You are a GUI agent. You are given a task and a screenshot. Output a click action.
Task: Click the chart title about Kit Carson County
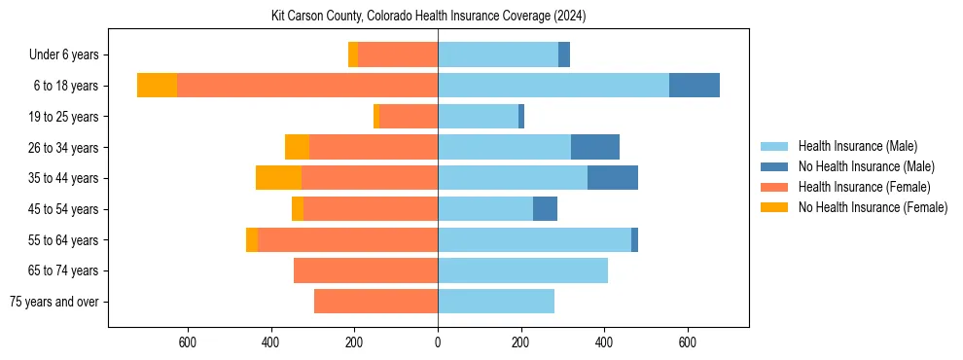[x=428, y=17]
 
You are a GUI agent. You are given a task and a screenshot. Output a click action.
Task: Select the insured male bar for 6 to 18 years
[x=553, y=86]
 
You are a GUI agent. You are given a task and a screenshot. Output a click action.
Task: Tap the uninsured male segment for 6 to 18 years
[x=694, y=86]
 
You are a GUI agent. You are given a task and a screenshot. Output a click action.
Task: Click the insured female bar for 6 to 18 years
[x=306, y=86]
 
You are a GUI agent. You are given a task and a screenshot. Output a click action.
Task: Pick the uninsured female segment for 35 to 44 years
[x=278, y=178]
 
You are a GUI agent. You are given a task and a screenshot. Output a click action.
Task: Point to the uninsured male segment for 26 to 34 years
[x=594, y=147]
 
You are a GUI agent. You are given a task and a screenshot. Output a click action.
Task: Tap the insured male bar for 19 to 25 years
[x=478, y=117]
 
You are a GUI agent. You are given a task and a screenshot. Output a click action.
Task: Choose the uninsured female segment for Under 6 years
[x=353, y=54]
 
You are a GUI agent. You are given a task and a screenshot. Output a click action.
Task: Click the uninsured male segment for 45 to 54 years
[x=545, y=209]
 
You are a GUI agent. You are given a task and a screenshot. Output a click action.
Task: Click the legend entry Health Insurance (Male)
[x=857, y=146]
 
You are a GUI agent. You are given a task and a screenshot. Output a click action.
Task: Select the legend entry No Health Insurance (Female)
[x=873, y=207]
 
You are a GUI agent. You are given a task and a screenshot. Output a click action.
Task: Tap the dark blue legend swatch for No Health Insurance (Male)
[x=774, y=166]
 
